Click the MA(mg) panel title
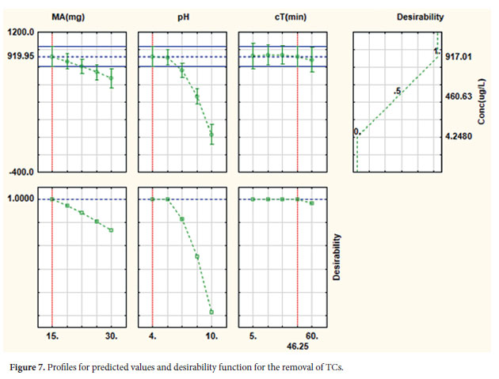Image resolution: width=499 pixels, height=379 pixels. click(x=81, y=16)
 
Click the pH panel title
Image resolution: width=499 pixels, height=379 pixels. click(x=182, y=16)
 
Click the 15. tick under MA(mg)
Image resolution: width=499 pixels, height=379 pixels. click(x=52, y=336)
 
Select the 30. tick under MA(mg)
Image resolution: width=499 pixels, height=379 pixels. click(x=112, y=336)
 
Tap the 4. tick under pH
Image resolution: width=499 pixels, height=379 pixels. click(x=153, y=336)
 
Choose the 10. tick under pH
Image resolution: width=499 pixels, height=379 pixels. click(x=211, y=336)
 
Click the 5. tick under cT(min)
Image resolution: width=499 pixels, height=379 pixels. click(x=253, y=336)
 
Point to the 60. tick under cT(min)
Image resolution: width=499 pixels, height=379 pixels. click(x=312, y=336)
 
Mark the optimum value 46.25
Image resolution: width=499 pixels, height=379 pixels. click(x=298, y=347)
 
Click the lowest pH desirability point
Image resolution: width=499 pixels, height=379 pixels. click(x=211, y=312)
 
